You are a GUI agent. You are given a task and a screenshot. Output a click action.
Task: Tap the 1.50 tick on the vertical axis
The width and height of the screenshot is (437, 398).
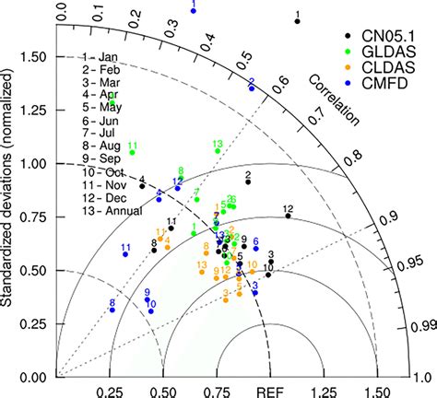coord(34,57)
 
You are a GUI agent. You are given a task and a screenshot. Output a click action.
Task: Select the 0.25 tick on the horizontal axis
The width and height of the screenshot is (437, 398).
coord(112,390)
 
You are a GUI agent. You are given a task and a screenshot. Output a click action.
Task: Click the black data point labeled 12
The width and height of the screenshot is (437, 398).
coord(287,217)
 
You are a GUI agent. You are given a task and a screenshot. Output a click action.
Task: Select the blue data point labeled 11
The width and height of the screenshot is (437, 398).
coord(125,254)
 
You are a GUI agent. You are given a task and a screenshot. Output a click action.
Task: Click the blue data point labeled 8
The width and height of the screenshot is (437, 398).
coord(112,310)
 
